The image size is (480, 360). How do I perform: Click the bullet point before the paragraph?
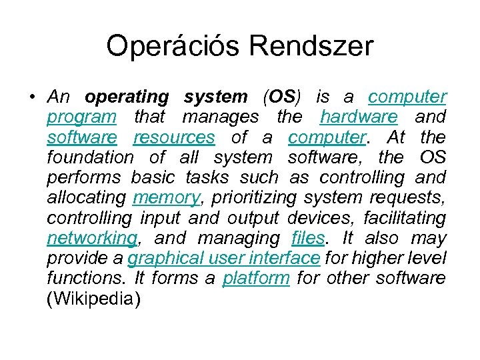[x=33, y=97]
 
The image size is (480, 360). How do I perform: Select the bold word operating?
[x=127, y=97]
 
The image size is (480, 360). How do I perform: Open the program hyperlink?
[x=81, y=117]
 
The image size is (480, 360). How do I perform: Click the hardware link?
[x=359, y=117]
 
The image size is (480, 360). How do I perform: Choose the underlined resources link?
[x=174, y=137]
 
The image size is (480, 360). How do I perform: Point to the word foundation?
[x=90, y=158]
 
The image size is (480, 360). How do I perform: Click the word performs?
[x=84, y=178]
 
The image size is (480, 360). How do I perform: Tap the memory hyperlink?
[x=166, y=198]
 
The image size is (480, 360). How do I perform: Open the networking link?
[x=92, y=239]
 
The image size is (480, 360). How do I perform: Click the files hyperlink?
[x=309, y=238]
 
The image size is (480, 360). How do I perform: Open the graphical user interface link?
[x=224, y=258]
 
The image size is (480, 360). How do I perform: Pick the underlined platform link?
[x=256, y=278]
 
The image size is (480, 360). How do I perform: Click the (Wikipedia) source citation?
[x=94, y=299]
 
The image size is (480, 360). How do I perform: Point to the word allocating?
[x=86, y=198]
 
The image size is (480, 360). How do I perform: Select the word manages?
[x=221, y=117]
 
